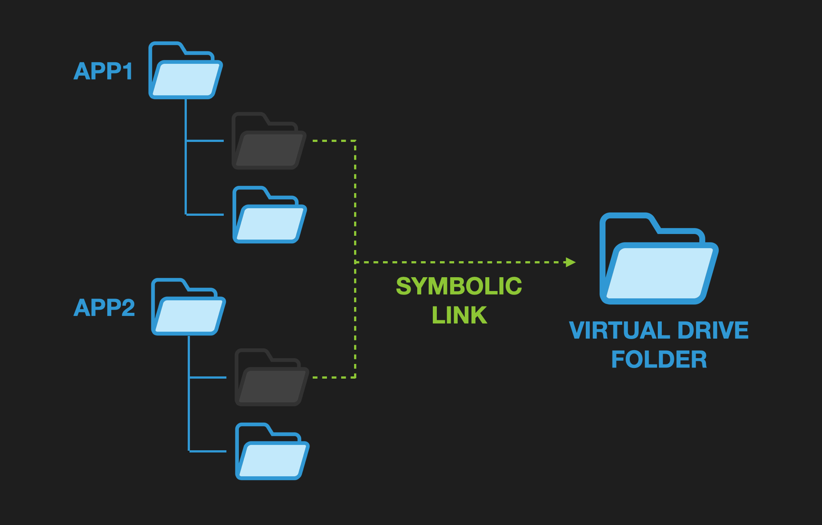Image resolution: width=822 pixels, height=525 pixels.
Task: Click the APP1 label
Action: pos(103,71)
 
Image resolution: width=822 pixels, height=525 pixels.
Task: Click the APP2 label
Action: pos(104,307)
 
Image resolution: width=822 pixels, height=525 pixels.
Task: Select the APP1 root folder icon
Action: pos(185,71)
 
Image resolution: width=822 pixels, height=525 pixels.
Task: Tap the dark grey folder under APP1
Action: pos(269,141)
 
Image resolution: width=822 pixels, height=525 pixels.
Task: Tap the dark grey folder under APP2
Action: pos(272,378)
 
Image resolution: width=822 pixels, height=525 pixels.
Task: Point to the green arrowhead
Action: pos(570,262)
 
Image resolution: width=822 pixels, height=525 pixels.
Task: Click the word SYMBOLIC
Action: pos(459,286)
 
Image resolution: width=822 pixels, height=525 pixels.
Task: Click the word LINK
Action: pos(459,315)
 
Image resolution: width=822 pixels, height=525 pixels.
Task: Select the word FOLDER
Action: pos(659,359)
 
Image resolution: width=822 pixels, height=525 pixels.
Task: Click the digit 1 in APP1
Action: pos(128,71)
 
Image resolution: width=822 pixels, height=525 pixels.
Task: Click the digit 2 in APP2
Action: pos(128,307)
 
